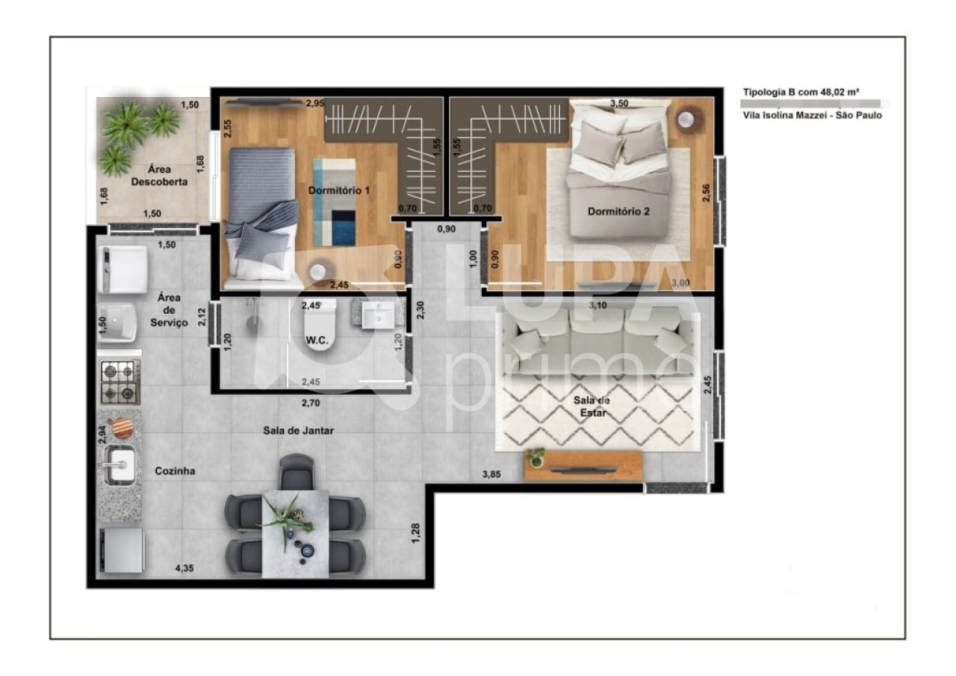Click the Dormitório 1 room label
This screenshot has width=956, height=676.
coord(339,190)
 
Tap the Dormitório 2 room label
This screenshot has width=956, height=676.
coord(618,211)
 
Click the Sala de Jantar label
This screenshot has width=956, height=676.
coord(298,430)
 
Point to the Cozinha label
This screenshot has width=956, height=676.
coord(175,471)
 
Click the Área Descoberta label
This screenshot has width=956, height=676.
coord(158,176)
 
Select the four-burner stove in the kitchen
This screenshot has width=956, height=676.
coord(119,382)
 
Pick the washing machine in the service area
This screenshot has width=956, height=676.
coord(122,269)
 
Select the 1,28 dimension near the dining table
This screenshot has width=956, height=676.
coord(416,533)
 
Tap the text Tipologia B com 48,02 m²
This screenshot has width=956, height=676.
coord(800,93)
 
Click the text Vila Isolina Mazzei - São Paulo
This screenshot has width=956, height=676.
coord(812,115)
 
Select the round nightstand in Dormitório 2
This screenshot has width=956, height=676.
coord(688,120)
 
